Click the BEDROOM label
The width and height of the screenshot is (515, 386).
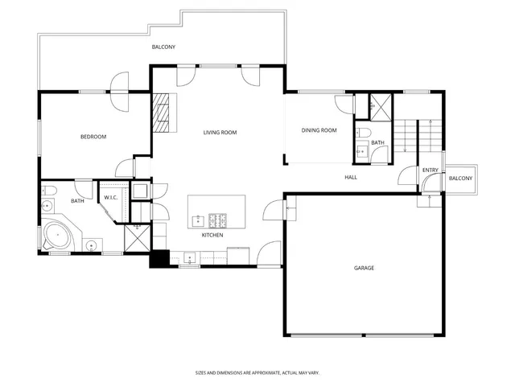(x=93, y=137)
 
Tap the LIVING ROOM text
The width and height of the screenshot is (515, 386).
(x=219, y=132)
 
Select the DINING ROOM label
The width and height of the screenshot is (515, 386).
(x=319, y=130)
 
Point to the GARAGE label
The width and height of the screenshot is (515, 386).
(x=364, y=268)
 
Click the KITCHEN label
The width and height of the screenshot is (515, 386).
(x=212, y=235)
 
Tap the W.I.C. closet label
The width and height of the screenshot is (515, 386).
(x=111, y=198)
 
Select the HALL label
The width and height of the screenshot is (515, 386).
(x=351, y=177)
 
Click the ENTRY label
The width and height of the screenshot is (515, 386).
(x=431, y=170)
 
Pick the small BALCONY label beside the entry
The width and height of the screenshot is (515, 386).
(x=460, y=178)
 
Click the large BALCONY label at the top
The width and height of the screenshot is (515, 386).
(x=163, y=47)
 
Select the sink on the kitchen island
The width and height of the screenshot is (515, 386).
(x=196, y=219)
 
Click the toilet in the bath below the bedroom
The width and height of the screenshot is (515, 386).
(x=49, y=191)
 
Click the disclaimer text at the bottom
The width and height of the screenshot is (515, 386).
(x=257, y=372)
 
